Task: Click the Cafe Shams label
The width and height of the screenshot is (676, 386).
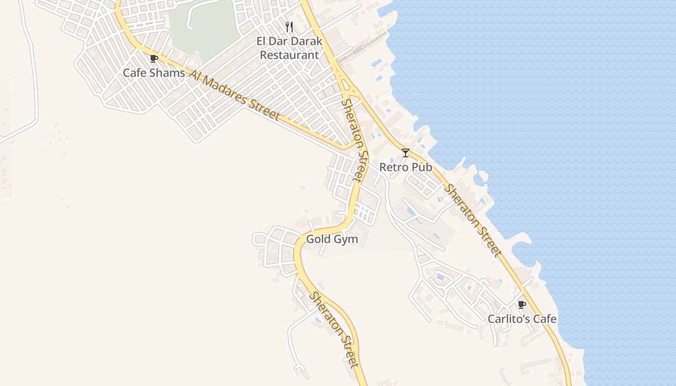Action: coord(154,73)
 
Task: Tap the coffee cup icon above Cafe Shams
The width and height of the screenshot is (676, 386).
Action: coord(154,59)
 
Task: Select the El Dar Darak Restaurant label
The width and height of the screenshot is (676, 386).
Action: coord(289,48)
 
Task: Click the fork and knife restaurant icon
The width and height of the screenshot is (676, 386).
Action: coord(289,27)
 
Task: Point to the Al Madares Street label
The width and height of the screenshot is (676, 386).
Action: coord(235,95)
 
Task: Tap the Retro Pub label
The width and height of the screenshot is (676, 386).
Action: coord(405,167)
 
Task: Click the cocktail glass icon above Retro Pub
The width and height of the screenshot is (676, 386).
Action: coord(406,153)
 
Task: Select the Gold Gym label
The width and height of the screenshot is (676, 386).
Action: coord(332,239)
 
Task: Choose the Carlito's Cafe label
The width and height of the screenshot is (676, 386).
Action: coord(521,319)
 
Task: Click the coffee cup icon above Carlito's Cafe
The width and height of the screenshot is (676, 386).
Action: coord(521,304)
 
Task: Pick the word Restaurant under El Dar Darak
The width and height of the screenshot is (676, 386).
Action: coord(289,55)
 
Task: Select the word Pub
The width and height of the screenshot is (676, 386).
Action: coord(421,167)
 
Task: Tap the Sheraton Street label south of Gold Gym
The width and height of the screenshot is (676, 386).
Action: coord(335,330)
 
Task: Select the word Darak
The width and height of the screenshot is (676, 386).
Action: coord(306,41)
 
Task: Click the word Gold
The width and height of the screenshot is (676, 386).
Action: coord(319,239)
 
